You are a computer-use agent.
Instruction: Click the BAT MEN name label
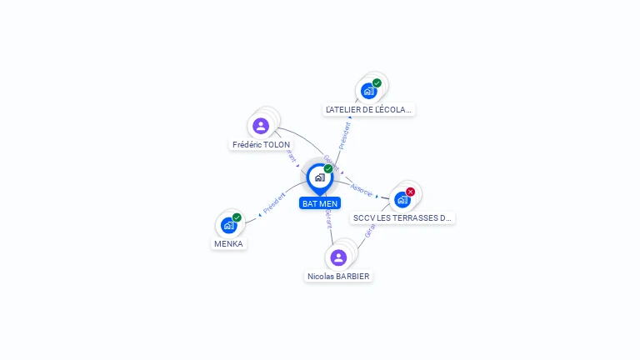pyautogui.click(x=320, y=203)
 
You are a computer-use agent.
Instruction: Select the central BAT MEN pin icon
pyautogui.click(x=319, y=177)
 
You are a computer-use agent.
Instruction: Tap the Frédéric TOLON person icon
pyautogui.click(x=261, y=126)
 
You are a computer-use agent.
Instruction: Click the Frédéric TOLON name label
pyautogui.click(x=262, y=144)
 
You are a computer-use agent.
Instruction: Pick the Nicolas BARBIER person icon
pyautogui.click(x=337, y=257)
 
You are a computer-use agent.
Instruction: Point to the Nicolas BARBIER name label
pyautogui.click(x=338, y=276)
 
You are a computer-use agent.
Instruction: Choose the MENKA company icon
pyautogui.click(x=228, y=225)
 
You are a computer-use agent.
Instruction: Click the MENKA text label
pyautogui.click(x=228, y=243)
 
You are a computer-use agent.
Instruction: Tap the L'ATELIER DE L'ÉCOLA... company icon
pyautogui.click(x=368, y=91)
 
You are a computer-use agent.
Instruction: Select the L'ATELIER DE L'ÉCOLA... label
pyautogui.click(x=369, y=109)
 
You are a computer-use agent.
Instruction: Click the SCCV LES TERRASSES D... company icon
pyautogui.click(x=402, y=199)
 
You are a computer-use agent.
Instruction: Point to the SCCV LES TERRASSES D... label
pyautogui.click(x=402, y=217)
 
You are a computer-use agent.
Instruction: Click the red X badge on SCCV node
pyautogui.click(x=410, y=192)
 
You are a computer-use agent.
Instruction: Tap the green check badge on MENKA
pyautogui.click(x=237, y=217)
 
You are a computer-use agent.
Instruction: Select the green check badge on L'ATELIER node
pyautogui.click(x=377, y=83)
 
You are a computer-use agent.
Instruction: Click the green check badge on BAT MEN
pyautogui.click(x=328, y=169)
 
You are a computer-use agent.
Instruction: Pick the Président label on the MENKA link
pyautogui.click(x=274, y=203)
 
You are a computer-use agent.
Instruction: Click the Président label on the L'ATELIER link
pyautogui.click(x=344, y=135)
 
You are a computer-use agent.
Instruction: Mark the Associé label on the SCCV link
pyautogui.click(x=362, y=189)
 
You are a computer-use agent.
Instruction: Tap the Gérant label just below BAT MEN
pyautogui.click(x=328, y=218)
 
